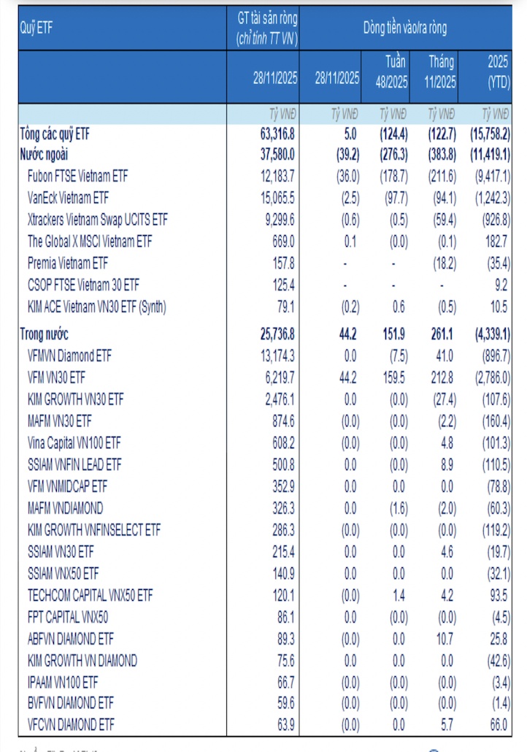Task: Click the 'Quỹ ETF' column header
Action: point(36,28)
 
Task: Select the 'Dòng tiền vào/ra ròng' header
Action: point(405,28)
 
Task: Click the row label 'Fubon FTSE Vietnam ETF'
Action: point(77,176)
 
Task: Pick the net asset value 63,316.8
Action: point(277,134)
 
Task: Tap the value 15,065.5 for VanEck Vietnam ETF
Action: point(277,198)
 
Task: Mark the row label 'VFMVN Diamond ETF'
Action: point(71,356)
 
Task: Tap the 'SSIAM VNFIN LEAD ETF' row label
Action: point(74,464)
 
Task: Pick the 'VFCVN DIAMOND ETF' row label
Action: point(71,724)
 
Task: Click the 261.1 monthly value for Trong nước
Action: point(441,334)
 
